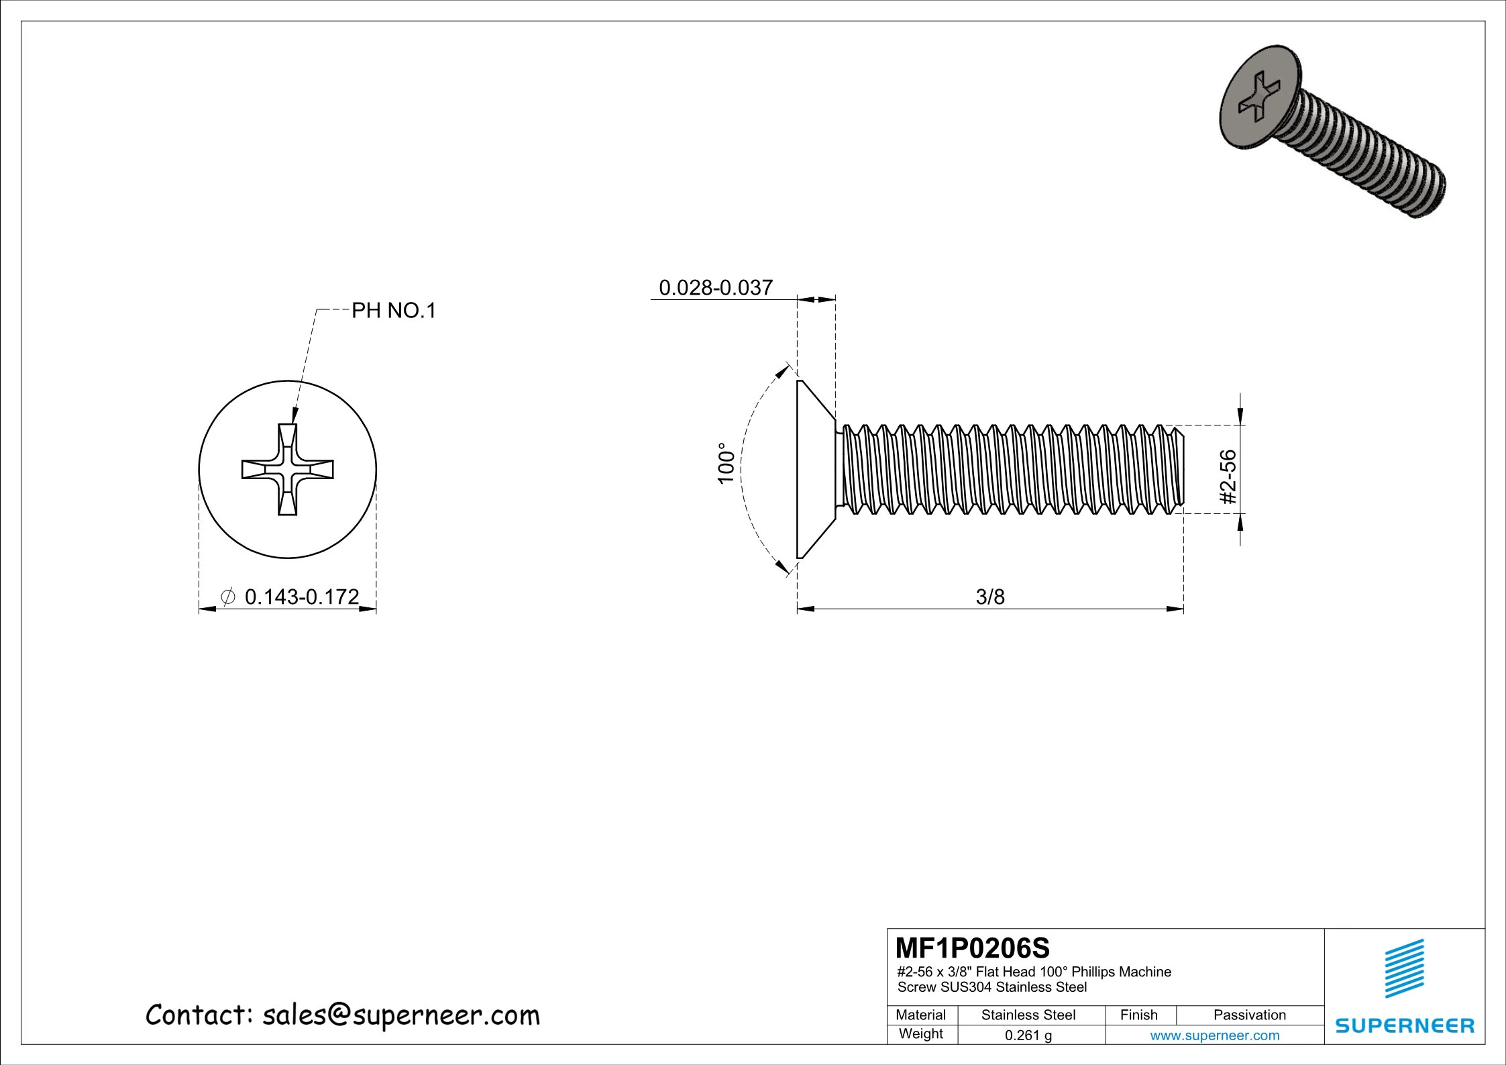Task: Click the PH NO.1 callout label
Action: pyautogui.click(x=394, y=311)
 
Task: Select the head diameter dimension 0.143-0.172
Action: pyautogui.click(x=302, y=596)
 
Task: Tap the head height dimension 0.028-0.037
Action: pyautogui.click(x=716, y=288)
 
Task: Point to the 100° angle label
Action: pyautogui.click(x=725, y=463)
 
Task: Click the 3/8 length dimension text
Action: pyautogui.click(x=990, y=597)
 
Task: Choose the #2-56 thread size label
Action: pyautogui.click(x=1228, y=476)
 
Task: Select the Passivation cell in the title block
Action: pyautogui.click(x=1249, y=1015)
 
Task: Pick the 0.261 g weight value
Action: pyautogui.click(x=1028, y=1035)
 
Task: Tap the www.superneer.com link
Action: pyautogui.click(x=1214, y=1035)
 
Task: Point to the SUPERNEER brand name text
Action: pyautogui.click(x=1405, y=1025)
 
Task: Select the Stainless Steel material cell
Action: pyautogui.click(x=1028, y=1015)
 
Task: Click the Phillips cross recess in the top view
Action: pyautogui.click(x=288, y=469)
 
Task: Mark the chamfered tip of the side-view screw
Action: pyautogui.click(x=1181, y=469)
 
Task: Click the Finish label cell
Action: pyautogui.click(x=1138, y=1015)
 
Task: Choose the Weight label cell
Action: pyautogui.click(x=920, y=1033)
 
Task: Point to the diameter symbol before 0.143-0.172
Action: pyautogui.click(x=227, y=596)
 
